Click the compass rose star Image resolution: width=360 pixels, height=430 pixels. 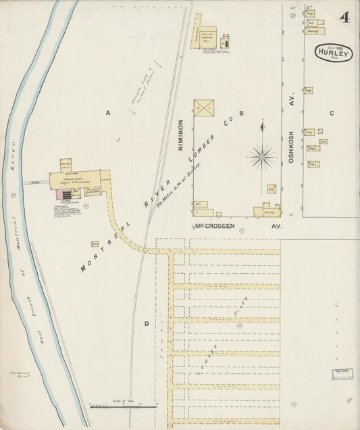[x=261, y=156]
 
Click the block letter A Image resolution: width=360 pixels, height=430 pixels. [x=107, y=113]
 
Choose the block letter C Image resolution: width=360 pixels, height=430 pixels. [x=332, y=113]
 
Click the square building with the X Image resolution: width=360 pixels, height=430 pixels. [x=203, y=108]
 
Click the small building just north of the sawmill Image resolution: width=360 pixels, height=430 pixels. [x=67, y=164]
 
